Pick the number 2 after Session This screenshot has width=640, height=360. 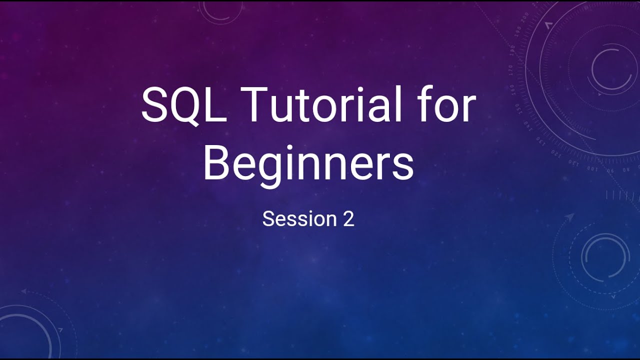[x=348, y=219]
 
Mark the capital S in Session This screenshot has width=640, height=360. [x=268, y=219]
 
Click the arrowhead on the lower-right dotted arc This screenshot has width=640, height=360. [x=569, y=217]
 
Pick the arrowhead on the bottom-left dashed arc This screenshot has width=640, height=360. [x=23, y=291]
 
